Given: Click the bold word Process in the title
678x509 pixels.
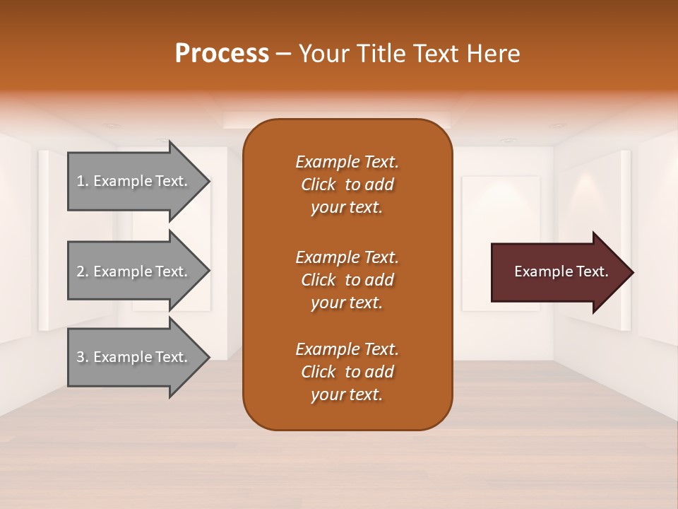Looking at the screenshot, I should coord(222,54).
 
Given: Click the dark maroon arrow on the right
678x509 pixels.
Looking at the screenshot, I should coord(558,272).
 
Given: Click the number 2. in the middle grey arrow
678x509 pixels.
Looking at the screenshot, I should coord(83,271).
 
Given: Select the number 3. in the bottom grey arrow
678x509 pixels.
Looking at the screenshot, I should coord(83,357).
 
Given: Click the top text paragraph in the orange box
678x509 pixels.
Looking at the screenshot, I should coord(347,185).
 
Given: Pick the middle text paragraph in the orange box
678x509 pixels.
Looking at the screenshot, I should coord(347,279).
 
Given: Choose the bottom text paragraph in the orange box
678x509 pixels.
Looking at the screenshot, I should coord(347,372).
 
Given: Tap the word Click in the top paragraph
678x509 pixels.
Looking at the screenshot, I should coord(319,185).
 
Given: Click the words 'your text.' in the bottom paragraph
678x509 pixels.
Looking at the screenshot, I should coord(347,394).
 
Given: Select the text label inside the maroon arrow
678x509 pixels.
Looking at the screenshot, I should coord(561,271).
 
